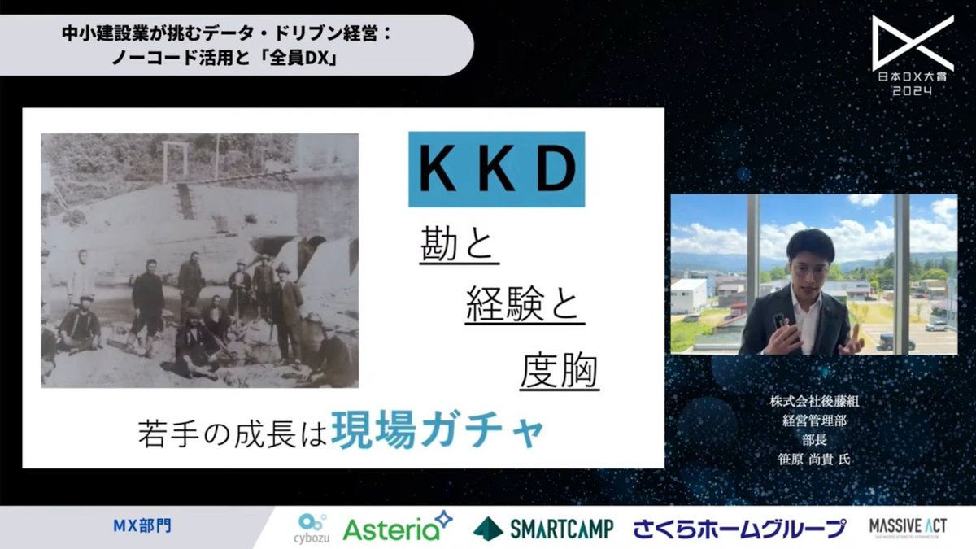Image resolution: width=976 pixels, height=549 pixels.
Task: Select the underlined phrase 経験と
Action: pyautogui.click(x=525, y=309)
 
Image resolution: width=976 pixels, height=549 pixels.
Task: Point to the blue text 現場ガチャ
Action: pyautogui.click(x=438, y=431)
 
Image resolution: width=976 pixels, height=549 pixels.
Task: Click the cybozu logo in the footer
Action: pyautogui.click(x=313, y=527)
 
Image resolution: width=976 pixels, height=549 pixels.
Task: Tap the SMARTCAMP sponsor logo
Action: pyautogui.click(x=543, y=528)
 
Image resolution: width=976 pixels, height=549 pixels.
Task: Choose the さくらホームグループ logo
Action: pyautogui.click(x=739, y=528)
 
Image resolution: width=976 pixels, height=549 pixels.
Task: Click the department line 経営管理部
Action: pyautogui.click(x=813, y=421)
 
